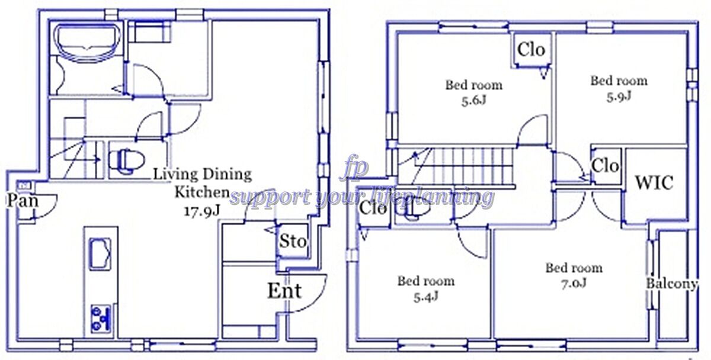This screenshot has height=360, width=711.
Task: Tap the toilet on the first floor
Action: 126,161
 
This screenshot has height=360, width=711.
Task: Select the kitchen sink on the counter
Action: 100,254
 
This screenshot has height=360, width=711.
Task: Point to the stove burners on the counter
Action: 101,319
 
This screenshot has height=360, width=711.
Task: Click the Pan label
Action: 23,201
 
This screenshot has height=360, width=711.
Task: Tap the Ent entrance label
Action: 284,291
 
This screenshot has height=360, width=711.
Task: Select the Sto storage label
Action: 293,242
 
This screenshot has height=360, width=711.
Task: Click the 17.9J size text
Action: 202,211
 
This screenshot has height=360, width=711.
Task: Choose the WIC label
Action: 654,183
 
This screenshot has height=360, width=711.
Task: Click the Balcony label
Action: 672,284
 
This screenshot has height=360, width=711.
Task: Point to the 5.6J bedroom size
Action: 473,101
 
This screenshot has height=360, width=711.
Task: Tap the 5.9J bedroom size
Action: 619,97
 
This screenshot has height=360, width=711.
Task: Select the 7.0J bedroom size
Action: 574,283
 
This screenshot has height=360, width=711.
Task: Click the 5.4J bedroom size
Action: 426,297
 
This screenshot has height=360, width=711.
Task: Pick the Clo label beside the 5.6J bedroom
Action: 531,50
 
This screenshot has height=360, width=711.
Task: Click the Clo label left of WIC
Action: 605,166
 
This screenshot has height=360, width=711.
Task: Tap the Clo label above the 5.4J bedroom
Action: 373,208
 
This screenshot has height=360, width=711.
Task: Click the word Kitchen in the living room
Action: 202,192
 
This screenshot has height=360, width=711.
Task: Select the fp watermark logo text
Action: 354,167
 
